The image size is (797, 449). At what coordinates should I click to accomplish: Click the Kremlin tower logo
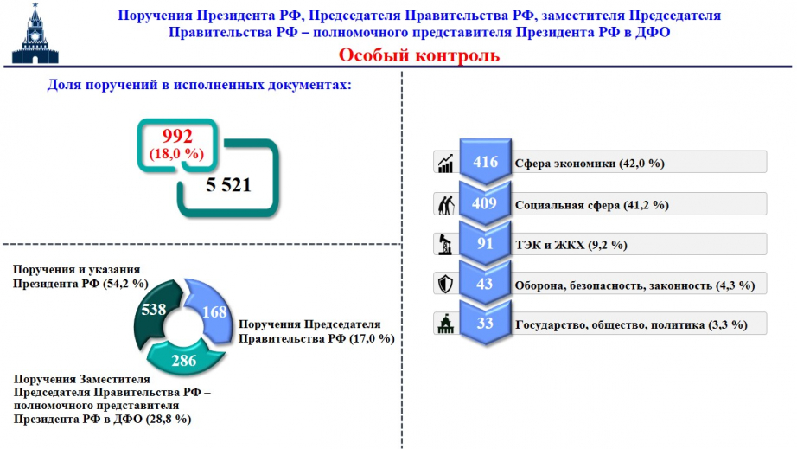point(35,34)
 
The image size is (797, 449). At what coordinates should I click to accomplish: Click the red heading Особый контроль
point(419,55)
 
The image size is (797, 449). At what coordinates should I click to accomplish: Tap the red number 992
point(177,136)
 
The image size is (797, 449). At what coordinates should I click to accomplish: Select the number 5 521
point(229,184)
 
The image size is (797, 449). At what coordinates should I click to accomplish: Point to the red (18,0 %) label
point(176,154)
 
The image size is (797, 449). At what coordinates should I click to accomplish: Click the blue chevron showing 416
point(485,162)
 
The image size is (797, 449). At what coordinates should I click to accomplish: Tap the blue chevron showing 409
point(485,203)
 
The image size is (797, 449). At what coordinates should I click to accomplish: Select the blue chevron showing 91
point(485,244)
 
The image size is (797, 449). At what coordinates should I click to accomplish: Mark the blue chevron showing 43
point(485,283)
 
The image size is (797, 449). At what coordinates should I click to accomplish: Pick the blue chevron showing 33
point(485,323)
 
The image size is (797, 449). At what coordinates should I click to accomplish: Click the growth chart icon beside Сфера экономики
point(446,164)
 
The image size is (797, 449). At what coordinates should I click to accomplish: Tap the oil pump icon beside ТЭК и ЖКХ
point(445,244)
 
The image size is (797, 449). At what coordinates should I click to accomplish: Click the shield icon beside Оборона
point(446,284)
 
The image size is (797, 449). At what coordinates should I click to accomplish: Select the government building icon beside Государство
point(446,324)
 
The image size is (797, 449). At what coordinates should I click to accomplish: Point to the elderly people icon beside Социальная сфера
point(446,205)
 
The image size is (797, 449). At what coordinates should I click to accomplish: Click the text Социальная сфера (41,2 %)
point(591,205)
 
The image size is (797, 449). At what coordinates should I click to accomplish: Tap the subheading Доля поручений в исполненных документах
point(199,85)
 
